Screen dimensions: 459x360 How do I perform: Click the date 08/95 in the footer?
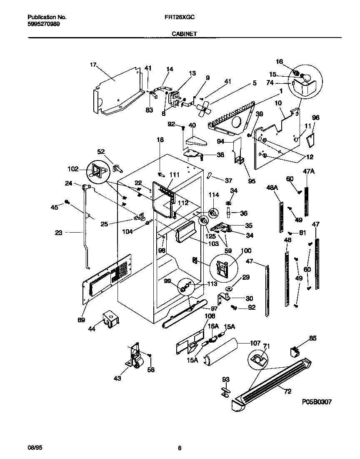35,448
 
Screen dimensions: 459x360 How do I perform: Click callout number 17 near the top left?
93,65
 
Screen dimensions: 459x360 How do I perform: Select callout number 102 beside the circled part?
72,169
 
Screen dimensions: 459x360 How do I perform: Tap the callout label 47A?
309,171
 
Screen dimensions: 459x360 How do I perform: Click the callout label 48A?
272,188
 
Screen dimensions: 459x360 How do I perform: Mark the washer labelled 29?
229,288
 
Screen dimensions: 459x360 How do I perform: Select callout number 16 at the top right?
279,61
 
